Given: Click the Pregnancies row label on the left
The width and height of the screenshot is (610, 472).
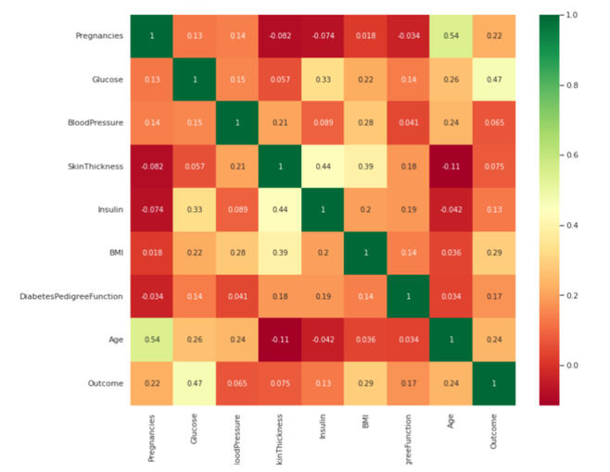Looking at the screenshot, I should click(99, 36).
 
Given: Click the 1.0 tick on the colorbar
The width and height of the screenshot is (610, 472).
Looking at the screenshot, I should click(572, 15).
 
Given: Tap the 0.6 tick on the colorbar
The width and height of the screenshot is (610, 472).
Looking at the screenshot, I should click(572, 155).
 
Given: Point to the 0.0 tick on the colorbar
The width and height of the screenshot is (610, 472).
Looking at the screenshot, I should click(572, 365).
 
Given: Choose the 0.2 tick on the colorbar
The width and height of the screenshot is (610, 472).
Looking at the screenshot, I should click(572, 295).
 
